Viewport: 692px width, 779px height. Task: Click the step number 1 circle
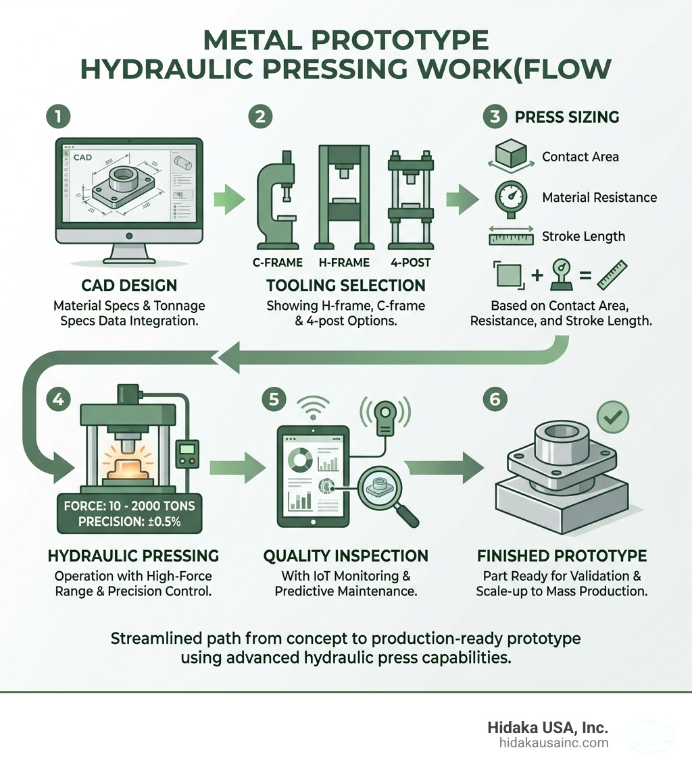click(x=58, y=116)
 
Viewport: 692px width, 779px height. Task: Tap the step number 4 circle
click(x=58, y=399)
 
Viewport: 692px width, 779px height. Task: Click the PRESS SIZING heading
click(x=566, y=117)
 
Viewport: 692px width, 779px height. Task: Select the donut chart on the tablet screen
click(x=299, y=462)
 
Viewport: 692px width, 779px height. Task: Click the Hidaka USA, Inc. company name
click(x=547, y=728)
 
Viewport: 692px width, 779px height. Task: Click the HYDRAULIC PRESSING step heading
click(x=133, y=556)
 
